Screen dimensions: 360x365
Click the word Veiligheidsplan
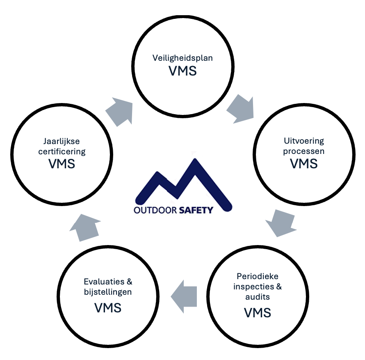tap(182, 57)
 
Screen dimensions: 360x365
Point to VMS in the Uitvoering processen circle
tap(303, 163)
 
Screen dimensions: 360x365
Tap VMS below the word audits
tap(258, 313)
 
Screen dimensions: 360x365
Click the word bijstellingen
tap(107, 292)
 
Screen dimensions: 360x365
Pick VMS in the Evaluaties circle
tap(108, 308)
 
